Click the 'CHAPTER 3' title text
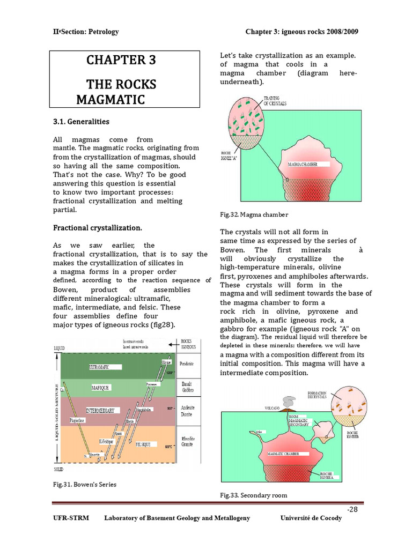(x=121, y=60)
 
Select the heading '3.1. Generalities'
(x=81, y=122)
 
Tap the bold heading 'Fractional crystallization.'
(x=97, y=228)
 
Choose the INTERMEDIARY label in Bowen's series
(x=100, y=411)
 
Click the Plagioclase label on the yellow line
(x=78, y=421)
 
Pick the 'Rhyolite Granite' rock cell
(x=188, y=441)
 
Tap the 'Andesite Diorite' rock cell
(x=188, y=411)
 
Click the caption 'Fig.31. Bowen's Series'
(x=84, y=484)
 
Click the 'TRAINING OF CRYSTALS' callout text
(x=275, y=100)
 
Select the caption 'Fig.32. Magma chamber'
(x=254, y=214)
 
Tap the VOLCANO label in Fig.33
(x=273, y=408)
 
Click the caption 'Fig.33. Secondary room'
(x=253, y=495)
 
